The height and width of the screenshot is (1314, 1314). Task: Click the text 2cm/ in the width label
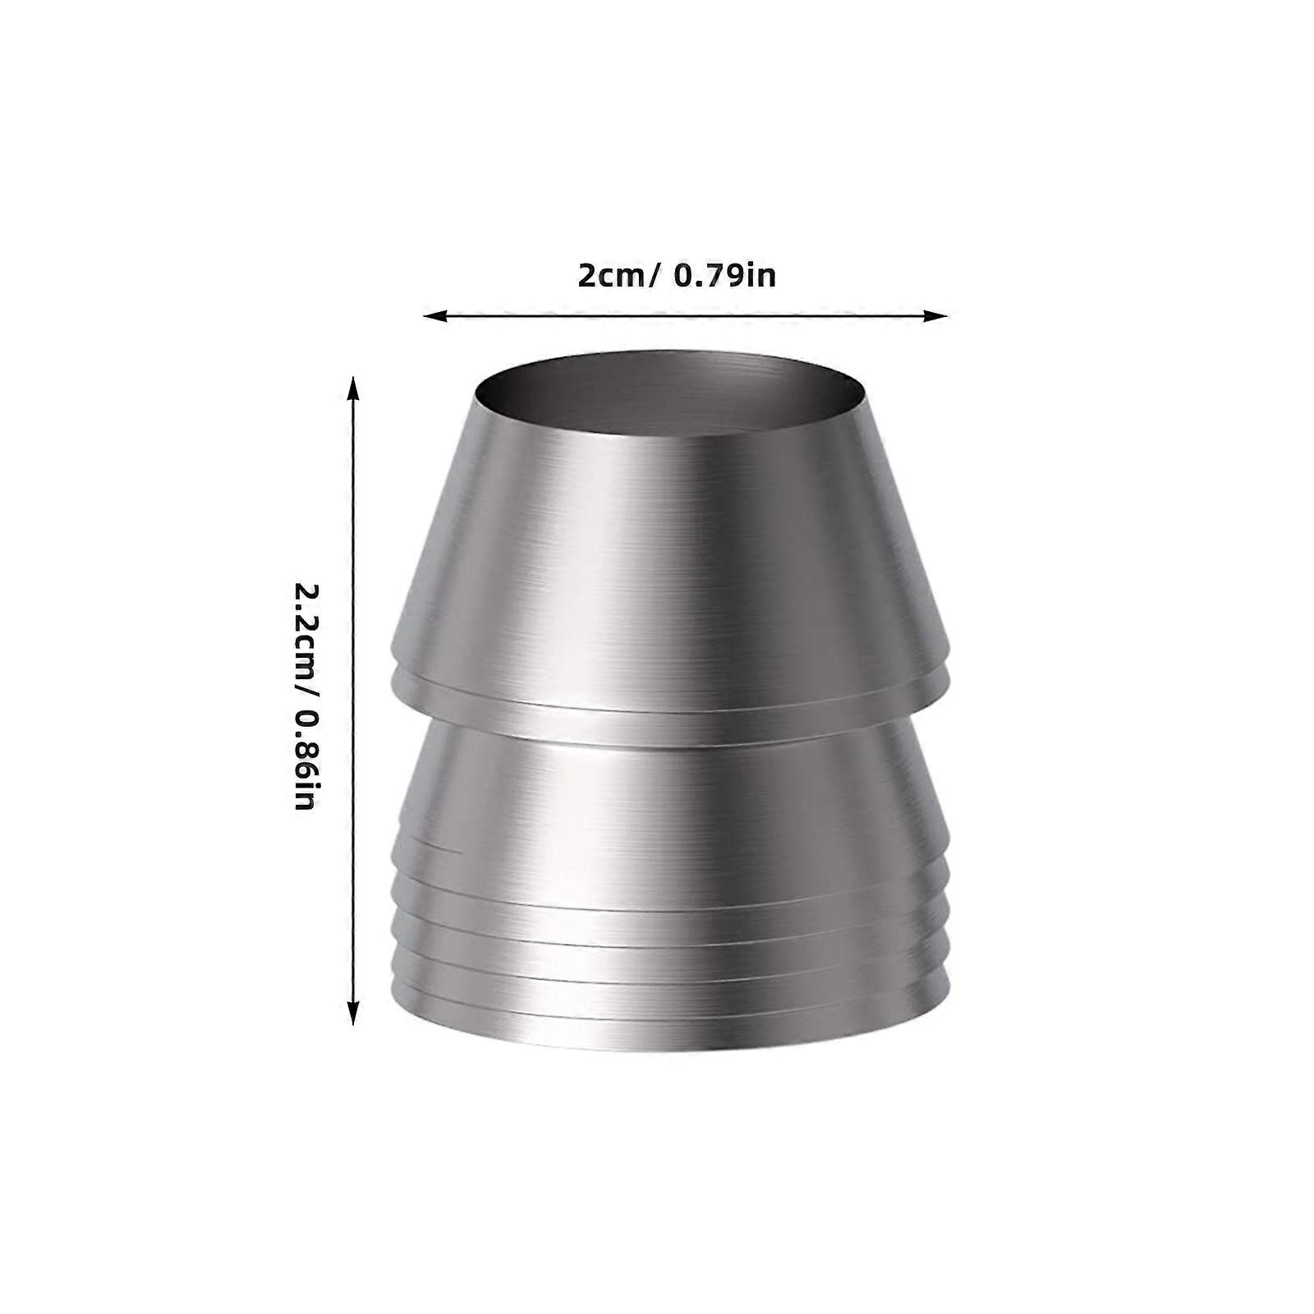(x=617, y=275)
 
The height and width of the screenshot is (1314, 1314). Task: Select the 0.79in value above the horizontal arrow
(x=724, y=275)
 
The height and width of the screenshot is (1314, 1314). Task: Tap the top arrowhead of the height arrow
(x=353, y=388)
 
